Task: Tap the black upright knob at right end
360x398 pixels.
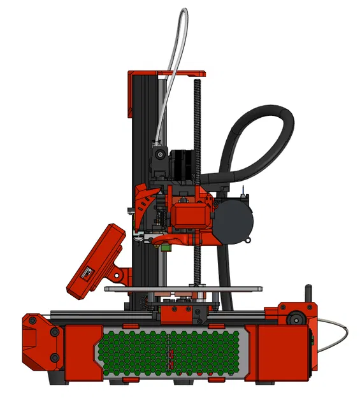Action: pyautogui.click(x=308, y=295)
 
